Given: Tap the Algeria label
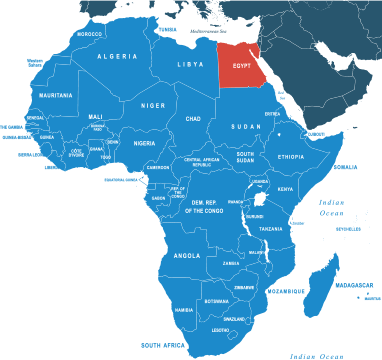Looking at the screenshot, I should (117, 57).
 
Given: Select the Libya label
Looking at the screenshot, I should (190, 64).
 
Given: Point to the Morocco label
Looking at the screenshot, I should (90, 34).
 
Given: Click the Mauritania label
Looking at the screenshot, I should (55, 95).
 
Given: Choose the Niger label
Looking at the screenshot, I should (153, 105).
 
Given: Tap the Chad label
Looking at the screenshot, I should (194, 119).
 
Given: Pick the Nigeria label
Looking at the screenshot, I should (146, 143).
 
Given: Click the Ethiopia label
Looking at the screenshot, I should (291, 157).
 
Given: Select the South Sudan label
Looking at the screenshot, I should (245, 158).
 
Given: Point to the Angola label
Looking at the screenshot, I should (187, 255).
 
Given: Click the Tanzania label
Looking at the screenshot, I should (271, 229).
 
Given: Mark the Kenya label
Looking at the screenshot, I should (285, 189).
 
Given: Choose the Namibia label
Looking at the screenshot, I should (184, 310).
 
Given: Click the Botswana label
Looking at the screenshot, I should (217, 301).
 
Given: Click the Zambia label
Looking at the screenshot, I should (232, 264).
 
